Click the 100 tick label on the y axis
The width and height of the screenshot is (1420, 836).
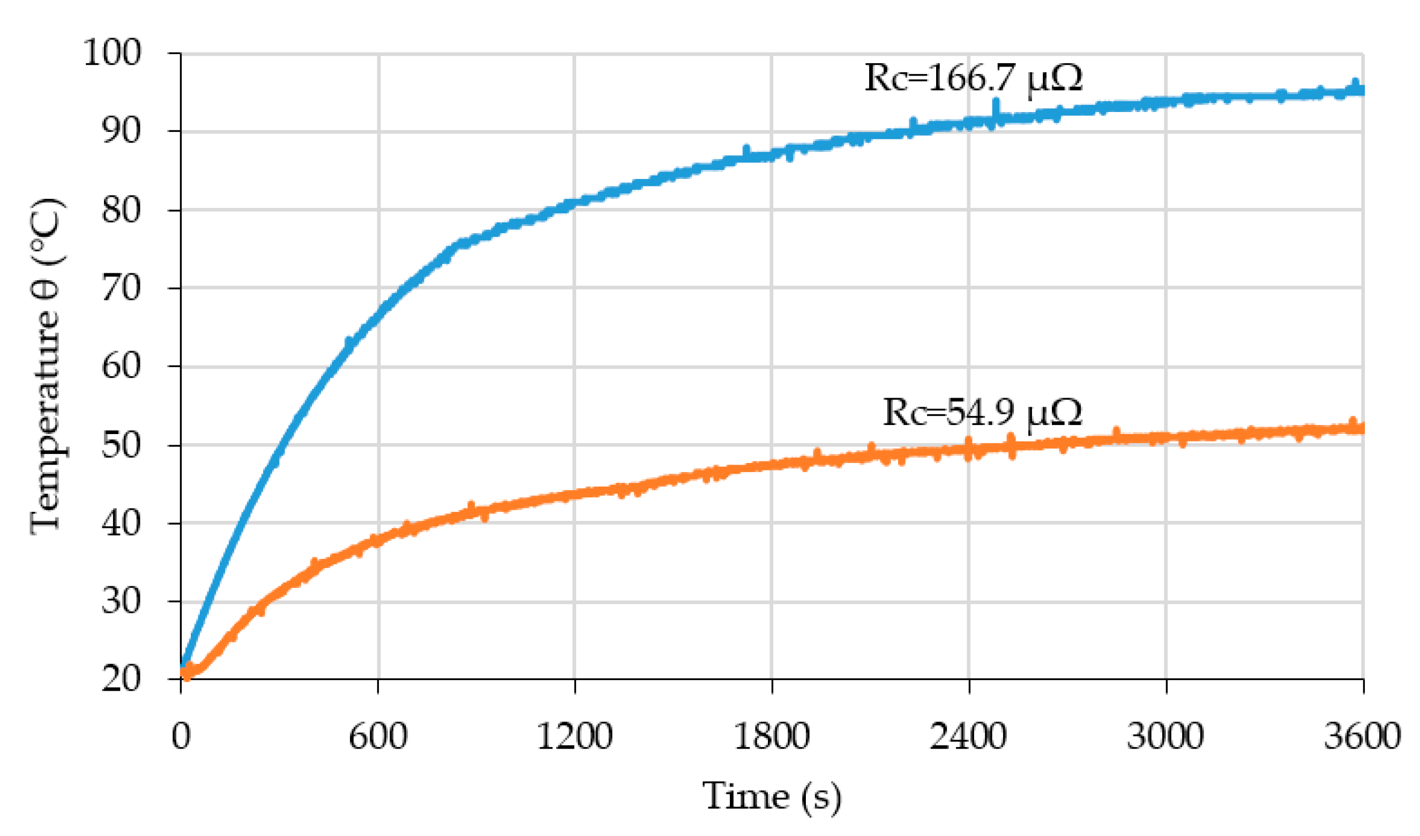point(111,54)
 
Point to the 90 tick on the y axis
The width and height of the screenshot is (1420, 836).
point(121,132)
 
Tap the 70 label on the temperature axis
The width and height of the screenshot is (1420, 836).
point(121,289)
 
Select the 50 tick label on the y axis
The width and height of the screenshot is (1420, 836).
point(121,445)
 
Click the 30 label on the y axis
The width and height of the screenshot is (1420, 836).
point(121,601)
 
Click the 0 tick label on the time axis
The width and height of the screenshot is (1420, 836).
point(181,736)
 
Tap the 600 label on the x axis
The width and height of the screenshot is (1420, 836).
point(378,736)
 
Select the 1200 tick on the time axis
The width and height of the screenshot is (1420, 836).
point(574,736)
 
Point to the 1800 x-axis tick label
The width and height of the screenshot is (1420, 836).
point(772,736)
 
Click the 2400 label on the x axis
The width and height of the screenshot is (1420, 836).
point(968,736)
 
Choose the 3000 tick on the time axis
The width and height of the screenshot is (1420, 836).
point(1165,736)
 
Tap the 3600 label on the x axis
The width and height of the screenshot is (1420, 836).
point(1362,736)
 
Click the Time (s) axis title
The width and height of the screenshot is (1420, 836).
point(772,796)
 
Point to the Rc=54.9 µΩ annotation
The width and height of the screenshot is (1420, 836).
point(982,413)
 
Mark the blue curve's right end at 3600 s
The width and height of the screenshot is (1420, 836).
point(1361,90)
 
